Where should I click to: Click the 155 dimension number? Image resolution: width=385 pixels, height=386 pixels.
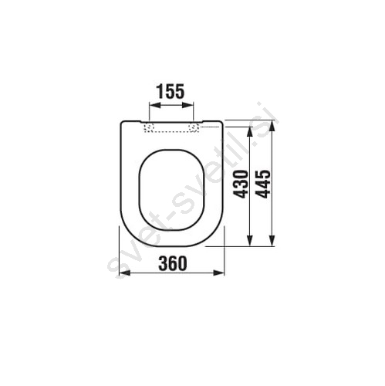171,91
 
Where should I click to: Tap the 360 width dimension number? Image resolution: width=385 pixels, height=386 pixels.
173,263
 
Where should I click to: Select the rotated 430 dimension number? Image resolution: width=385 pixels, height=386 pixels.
241,185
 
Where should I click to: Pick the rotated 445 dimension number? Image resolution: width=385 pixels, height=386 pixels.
264,184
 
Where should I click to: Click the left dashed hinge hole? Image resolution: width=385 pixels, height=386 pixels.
150,127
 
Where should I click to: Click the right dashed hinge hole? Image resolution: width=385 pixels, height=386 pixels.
193,127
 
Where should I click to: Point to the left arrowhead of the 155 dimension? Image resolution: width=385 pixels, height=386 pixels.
155,106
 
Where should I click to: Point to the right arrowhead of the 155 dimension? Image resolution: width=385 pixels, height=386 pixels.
187,106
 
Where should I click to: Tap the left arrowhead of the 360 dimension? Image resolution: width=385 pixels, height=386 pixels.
125,273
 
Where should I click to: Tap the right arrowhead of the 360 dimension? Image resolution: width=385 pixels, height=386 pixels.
219,273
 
